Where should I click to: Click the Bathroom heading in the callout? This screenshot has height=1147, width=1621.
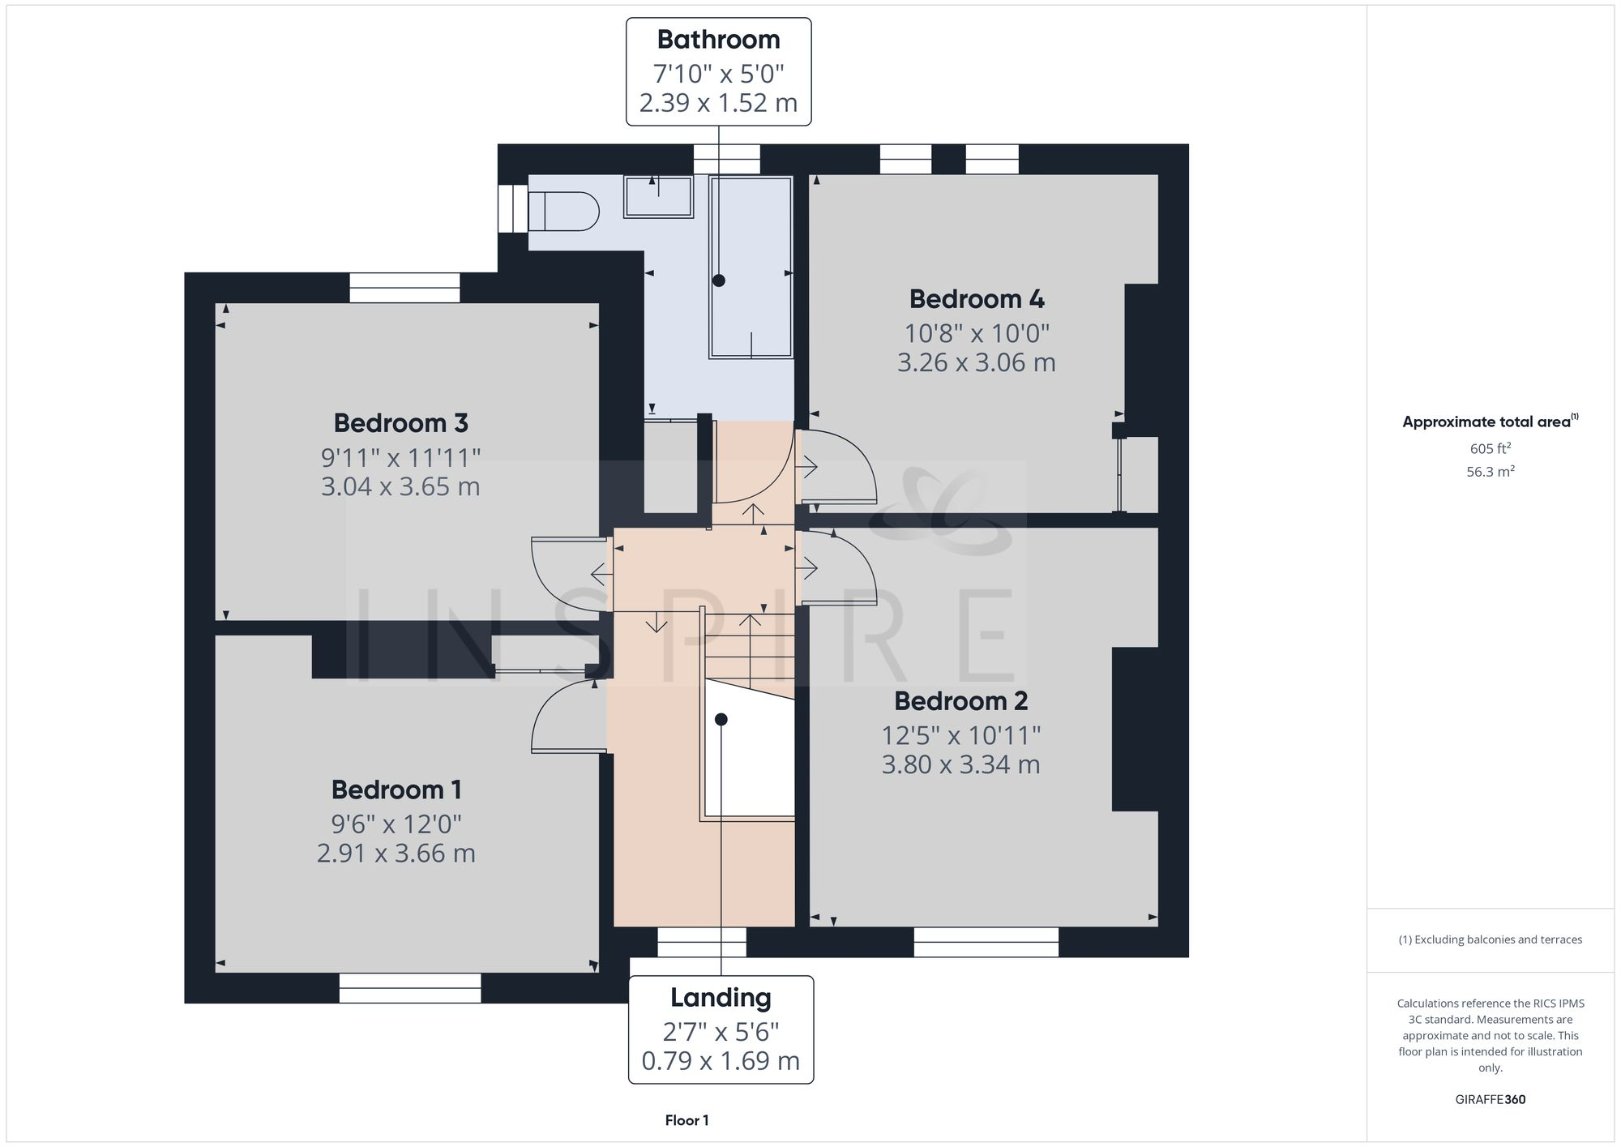[x=718, y=40]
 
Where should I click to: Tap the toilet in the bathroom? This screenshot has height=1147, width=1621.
[x=565, y=212]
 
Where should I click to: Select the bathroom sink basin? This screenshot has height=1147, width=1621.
[x=657, y=197]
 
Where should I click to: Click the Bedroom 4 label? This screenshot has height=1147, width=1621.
[x=976, y=299]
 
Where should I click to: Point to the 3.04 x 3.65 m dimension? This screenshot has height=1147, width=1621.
[x=400, y=487]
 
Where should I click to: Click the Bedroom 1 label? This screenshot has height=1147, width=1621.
[x=396, y=790]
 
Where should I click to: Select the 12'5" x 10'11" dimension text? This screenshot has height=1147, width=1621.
[x=960, y=735]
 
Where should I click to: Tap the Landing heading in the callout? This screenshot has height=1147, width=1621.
[x=720, y=998]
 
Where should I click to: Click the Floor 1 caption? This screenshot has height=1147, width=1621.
[x=686, y=1120]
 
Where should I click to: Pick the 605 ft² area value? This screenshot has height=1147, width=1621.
[x=1490, y=448]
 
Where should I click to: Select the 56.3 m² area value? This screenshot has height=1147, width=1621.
[x=1490, y=472]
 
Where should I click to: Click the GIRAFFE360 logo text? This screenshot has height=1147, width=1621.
[x=1490, y=1100]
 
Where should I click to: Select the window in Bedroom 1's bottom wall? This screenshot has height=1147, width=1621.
[x=409, y=988]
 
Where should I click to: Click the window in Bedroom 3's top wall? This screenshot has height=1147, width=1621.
[x=404, y=288]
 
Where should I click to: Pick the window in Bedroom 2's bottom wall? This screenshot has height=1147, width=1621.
[x=986, y=942]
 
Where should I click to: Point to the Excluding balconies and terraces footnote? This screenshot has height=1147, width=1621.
[x=1490, y=939]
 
